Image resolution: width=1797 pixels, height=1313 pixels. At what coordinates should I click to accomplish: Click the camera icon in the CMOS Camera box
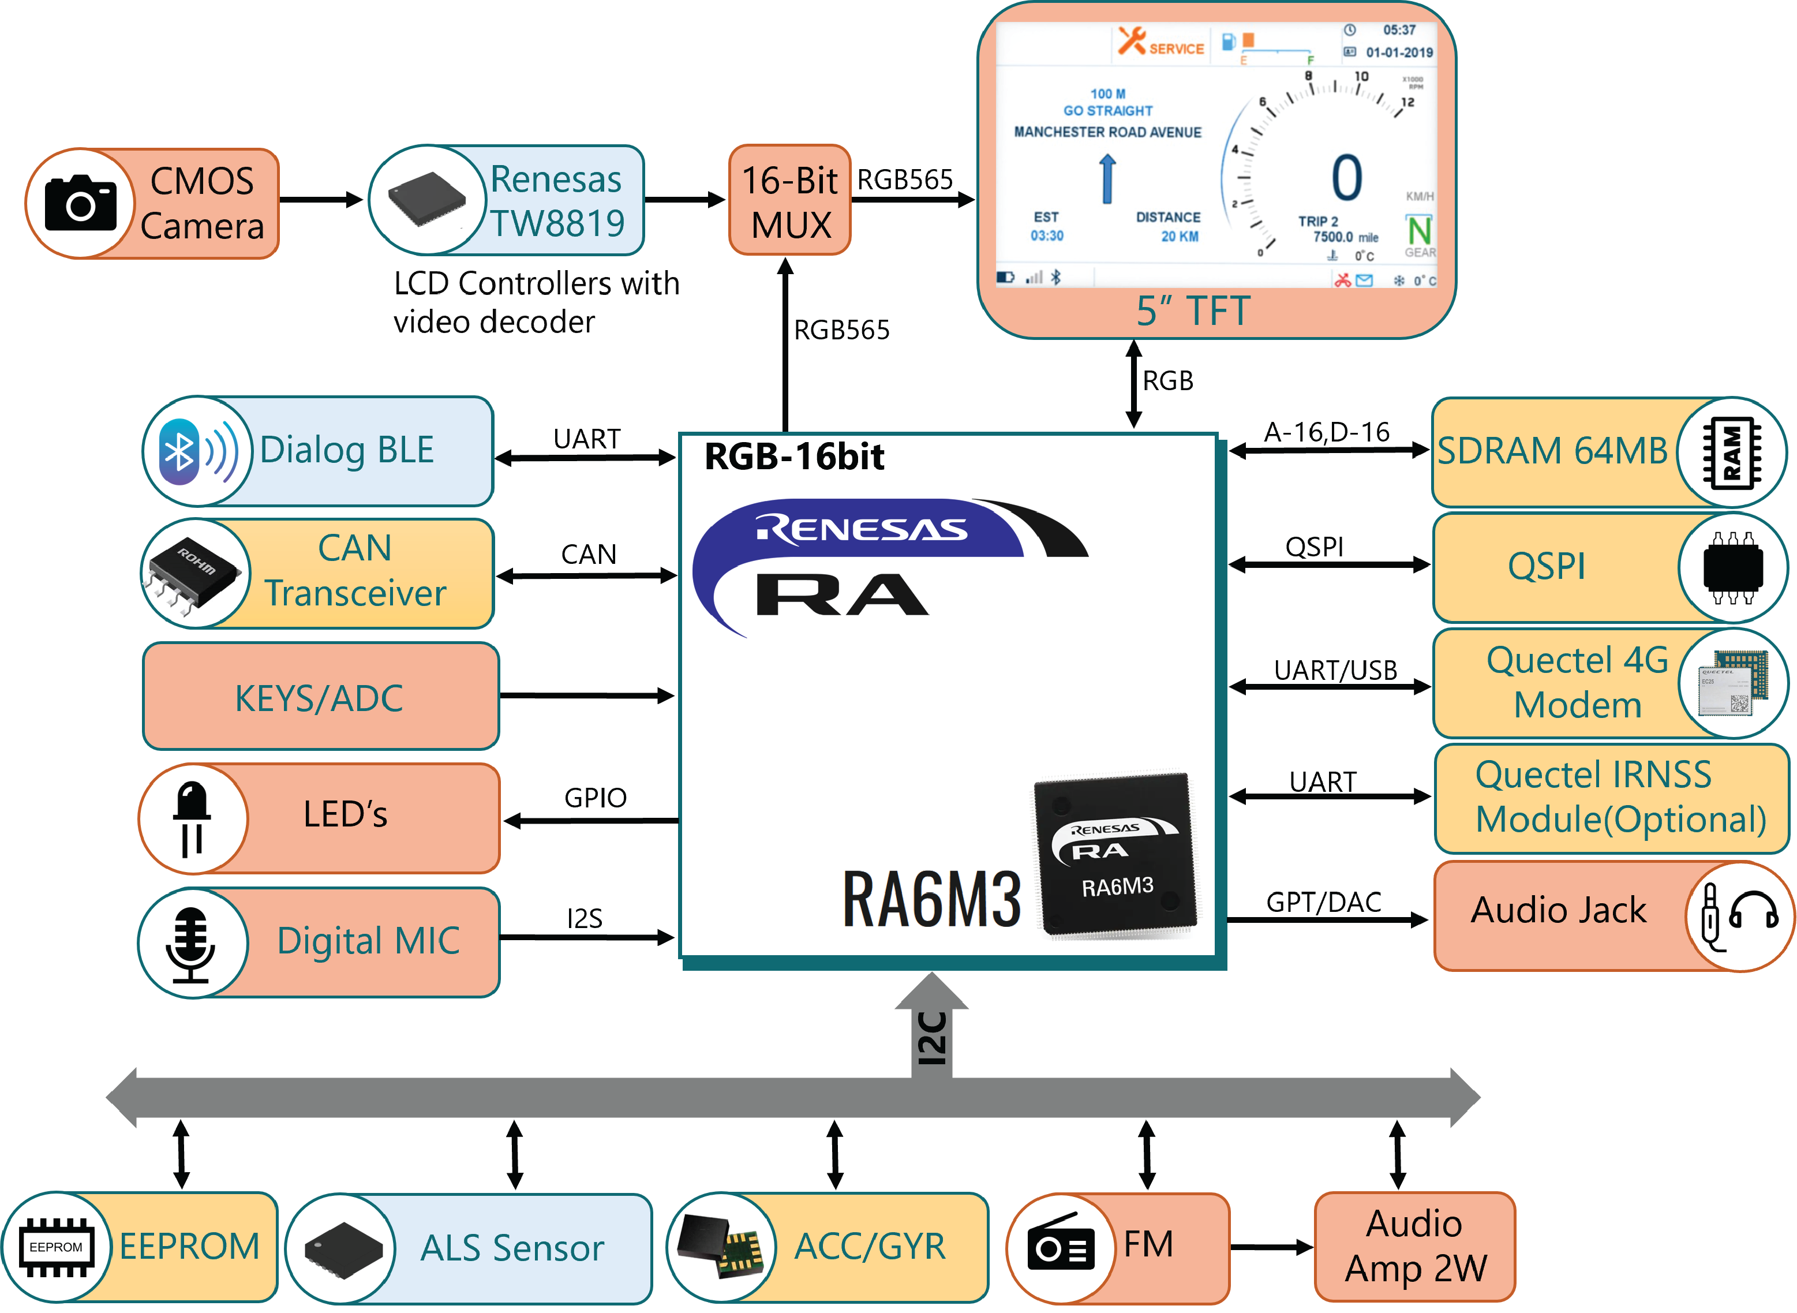click(80, 204)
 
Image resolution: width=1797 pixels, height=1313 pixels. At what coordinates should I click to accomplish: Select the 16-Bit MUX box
click(789, 201)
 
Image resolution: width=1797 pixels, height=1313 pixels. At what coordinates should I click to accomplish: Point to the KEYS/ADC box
click(320, 697)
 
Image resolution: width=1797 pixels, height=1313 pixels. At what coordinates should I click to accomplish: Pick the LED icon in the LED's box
click(192, 818)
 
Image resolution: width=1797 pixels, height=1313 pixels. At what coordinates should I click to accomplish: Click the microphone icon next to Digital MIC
click(191, 944)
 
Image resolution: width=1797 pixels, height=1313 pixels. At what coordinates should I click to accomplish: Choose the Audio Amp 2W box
click(1415, 1245)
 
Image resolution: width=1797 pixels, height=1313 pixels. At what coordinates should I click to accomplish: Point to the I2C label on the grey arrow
click(931, 1038)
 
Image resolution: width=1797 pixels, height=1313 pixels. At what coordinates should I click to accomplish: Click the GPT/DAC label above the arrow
click(1323, 902)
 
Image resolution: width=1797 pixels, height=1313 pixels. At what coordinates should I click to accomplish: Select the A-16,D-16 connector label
click(1327, 432)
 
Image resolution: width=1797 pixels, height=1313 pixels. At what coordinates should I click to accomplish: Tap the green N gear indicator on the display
click(1420, 230)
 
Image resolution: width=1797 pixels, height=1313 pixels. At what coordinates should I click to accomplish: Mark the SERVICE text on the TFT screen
click(1176, 48)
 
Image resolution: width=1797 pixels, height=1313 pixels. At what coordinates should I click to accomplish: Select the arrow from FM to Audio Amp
click(1272, 1247)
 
